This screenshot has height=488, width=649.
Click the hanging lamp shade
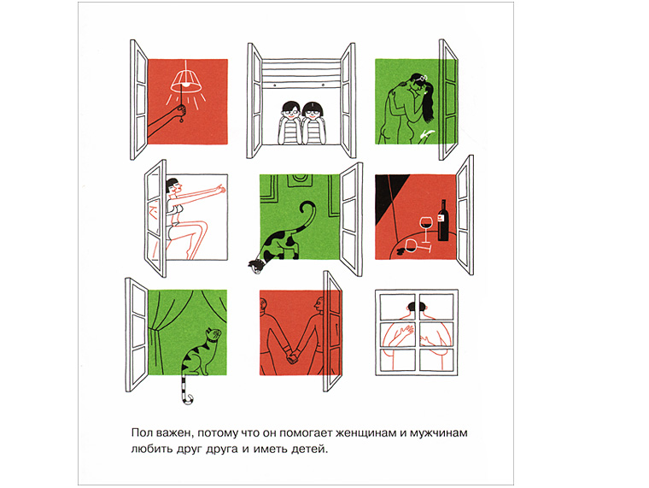coord(186,80)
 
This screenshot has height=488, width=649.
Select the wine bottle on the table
coord(443,220)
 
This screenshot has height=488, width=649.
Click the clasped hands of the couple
coord(293,356)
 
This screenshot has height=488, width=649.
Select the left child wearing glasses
coord(289,122)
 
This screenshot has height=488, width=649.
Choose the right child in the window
coord(313,122)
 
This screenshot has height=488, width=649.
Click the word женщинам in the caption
coord(360,433)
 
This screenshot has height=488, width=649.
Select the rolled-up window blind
coord(301,73)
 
